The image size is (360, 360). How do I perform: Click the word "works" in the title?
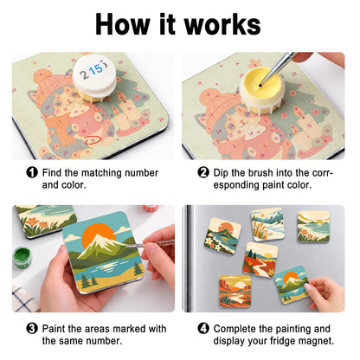click(x=222, y=24)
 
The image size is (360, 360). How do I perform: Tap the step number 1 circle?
click(x=32, y=172)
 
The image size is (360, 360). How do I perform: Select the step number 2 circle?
click(x=203, y=172)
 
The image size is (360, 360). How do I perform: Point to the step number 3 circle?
click(x=32, y=328)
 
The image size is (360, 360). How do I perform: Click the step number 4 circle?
click(x=203, y=328)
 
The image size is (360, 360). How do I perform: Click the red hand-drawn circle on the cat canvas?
click(x=93, y=140)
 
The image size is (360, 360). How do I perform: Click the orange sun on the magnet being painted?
click(x=98, y=235)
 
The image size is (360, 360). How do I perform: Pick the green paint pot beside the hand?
click(x=22, y=258)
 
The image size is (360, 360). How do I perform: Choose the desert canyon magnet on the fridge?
click(x=235, y=291)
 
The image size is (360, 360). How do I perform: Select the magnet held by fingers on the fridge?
click(x=290, y=284)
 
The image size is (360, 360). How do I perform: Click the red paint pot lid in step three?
click(x=151, y=208)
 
